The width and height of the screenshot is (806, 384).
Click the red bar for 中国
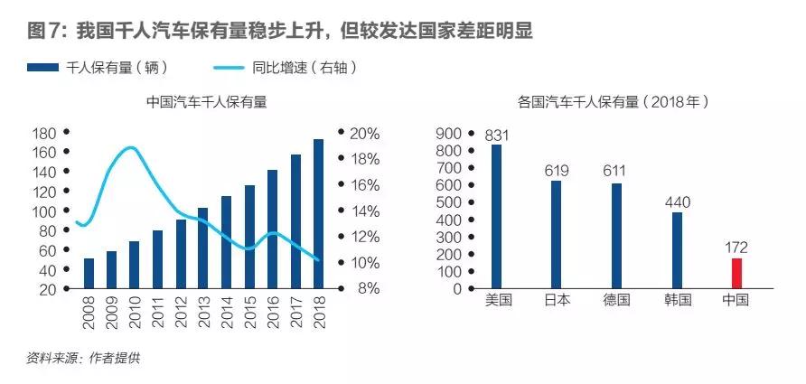pos(736,273)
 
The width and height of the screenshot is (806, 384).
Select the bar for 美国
pos(496,217)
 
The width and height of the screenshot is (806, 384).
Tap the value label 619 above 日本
pos(557,171)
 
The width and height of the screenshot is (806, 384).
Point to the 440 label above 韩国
pos(677,202)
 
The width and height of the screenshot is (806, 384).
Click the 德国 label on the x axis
pos(617,299)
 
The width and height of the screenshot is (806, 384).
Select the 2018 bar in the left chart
pos(318,214)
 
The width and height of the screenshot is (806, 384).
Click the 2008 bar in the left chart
pos(89,274)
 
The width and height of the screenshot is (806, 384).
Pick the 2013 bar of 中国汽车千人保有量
pos(203,248)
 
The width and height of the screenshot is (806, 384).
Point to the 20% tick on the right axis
pos(364,134)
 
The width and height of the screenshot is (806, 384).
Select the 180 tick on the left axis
pos(43,134)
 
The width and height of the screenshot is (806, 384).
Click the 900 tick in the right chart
pos(448,134)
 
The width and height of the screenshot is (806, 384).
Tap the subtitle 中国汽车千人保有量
pos(207,102)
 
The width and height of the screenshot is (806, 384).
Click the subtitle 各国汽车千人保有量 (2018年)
pos(614,102)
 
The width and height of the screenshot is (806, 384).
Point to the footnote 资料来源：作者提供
pos(83,358)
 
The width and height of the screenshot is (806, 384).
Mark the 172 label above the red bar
pos(736,248)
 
